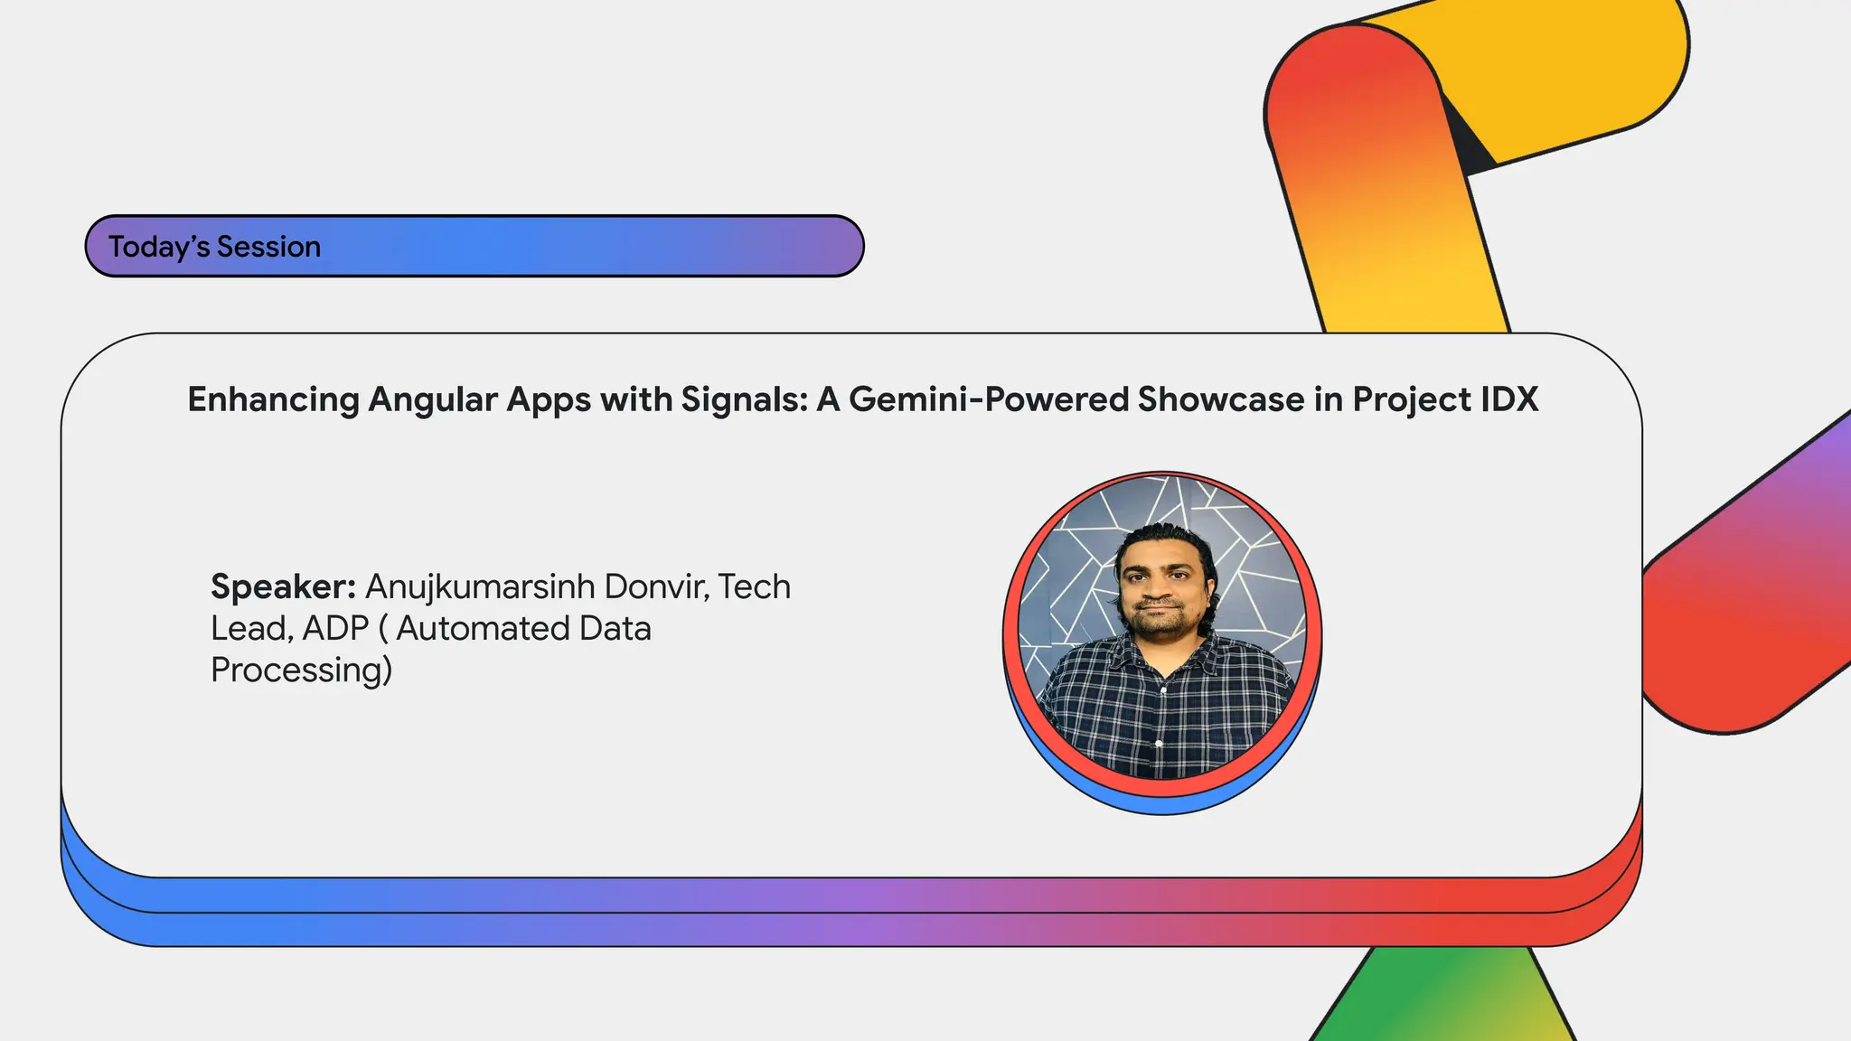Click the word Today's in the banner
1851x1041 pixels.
(x=159, y=247)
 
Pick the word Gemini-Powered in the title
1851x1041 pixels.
(x=988, y=399)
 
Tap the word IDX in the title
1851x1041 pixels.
(x=1508, y=399)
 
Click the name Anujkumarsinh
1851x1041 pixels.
(x=479, y=587)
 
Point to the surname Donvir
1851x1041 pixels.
(x=656, y=587)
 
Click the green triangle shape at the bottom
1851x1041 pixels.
(x=1437, y=1003)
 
